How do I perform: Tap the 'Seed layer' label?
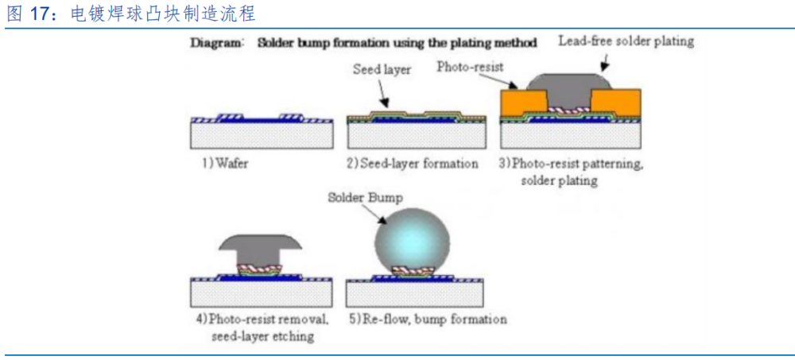point(382,70)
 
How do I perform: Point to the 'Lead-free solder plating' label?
point(626,41)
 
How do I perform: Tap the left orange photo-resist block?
point(524,102)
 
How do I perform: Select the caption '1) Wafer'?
point(225,164)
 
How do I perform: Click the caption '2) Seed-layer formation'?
point(413,164)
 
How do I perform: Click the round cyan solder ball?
point(412,238)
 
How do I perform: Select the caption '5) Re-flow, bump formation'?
point(429,319)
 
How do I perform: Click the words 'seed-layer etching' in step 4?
point(263,336)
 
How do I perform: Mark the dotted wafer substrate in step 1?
point(262,136)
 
